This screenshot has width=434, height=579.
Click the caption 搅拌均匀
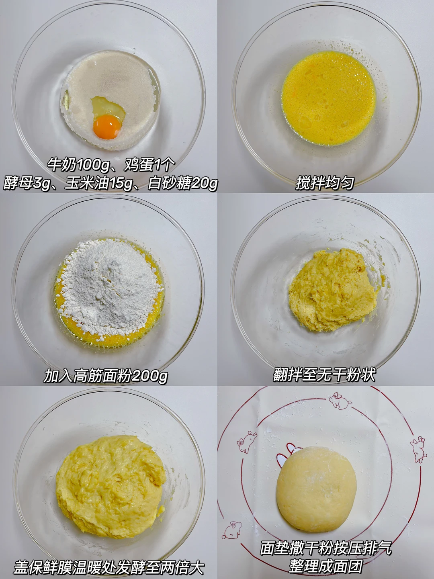pos(325,183)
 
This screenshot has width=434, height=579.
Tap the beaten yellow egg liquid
pos(329,98)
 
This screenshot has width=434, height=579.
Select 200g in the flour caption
pos(149,376)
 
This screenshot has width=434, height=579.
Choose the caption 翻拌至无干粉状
pos(324,374)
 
